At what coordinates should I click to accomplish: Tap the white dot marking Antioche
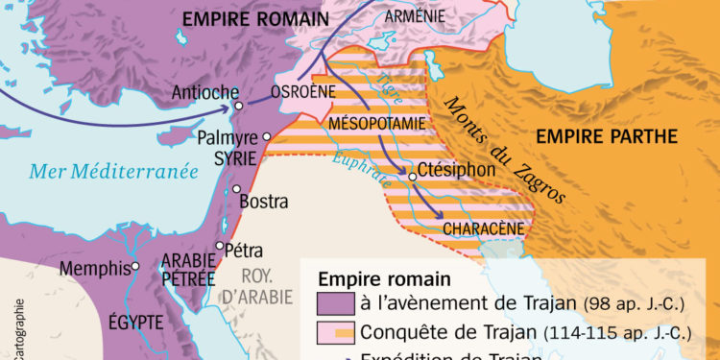tap(238, 104)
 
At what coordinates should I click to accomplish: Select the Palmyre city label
tap(227, 138)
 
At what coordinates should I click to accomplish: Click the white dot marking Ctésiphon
tap(413, 177)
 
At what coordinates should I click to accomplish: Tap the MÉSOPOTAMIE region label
tap(374, 124)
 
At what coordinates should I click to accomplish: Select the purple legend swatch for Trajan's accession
tap(335, 304)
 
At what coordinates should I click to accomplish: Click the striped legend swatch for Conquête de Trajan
tap(335, 333)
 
